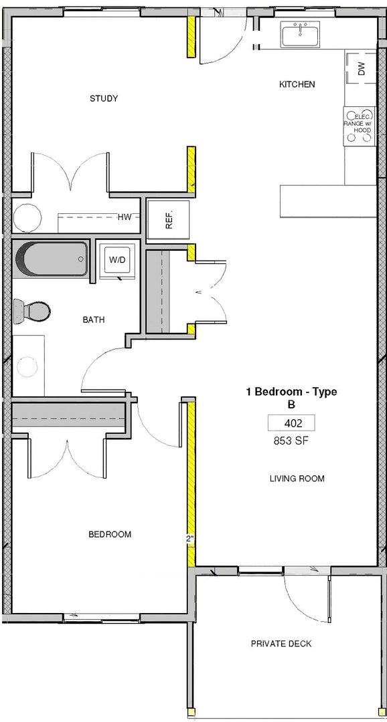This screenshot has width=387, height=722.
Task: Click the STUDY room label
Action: point(104,98)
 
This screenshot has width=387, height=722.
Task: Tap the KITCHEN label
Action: point(297,84)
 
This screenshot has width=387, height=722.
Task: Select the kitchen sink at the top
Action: point(300,36)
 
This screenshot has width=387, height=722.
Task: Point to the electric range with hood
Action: point(360,127)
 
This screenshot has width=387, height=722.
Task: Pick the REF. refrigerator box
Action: point(168,220)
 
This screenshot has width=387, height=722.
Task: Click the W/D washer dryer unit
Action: point(117,259)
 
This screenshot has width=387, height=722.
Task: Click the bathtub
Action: point(51,259)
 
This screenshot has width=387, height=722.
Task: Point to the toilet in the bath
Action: point(31,311)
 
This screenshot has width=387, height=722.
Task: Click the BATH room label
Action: point(93,320)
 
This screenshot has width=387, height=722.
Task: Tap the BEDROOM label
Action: point(110,535)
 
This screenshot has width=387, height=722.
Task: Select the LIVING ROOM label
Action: point(297,479)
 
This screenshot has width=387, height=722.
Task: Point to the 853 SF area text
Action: point(291,441)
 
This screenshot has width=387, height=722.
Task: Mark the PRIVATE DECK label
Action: point(281,644)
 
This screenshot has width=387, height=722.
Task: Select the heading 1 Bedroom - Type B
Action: point(291,398)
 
